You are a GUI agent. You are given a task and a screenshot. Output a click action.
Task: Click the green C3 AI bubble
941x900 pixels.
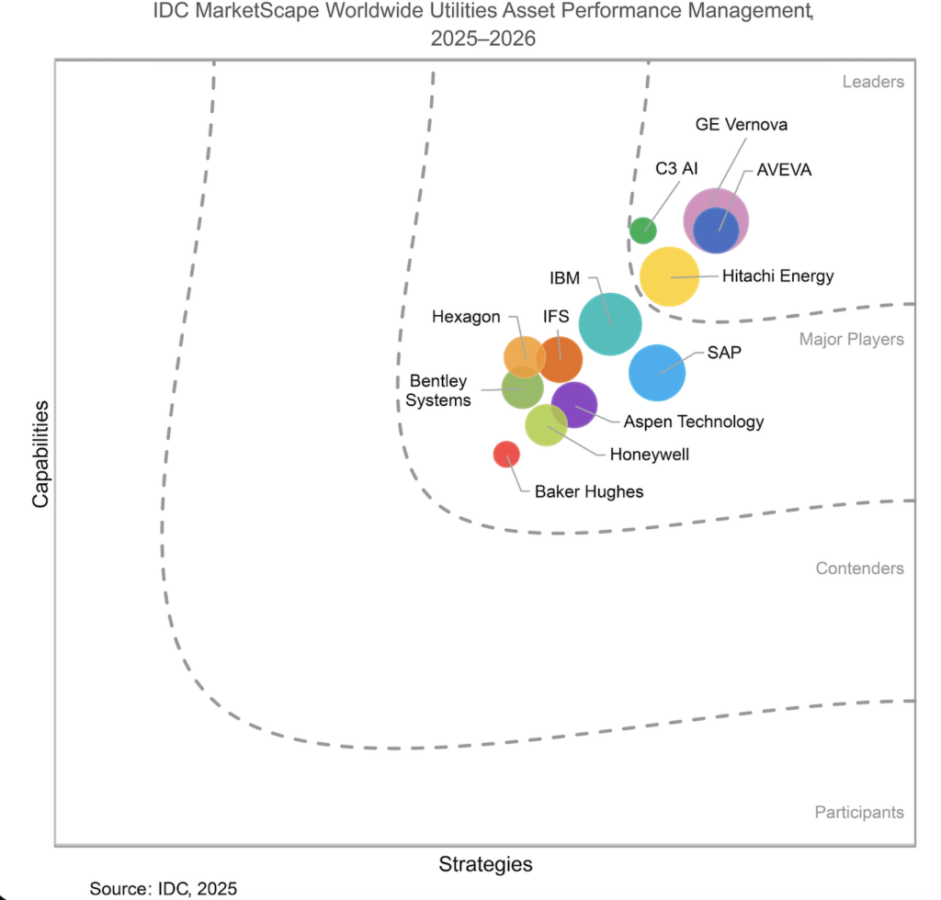pos(642,231)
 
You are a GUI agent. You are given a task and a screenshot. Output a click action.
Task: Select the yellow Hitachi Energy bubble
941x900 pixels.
pos(669,276)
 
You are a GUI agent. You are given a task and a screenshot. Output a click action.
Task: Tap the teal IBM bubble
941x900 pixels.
pos(610,324)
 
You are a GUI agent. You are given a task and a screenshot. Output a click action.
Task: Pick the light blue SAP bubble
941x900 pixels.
pos(657,372)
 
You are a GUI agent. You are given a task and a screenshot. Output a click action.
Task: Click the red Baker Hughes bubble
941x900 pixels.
pos(506,455)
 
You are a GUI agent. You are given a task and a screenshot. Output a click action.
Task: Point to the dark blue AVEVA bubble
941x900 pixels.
pos(716,231)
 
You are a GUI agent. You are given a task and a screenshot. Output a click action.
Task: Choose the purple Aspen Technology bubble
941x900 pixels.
pos(574,405)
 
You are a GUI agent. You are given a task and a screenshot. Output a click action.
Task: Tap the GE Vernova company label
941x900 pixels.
pos(742,125)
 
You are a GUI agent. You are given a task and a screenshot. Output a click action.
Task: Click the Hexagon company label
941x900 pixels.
pos(466,317)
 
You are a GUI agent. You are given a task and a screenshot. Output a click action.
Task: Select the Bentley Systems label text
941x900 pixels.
pos(438,390)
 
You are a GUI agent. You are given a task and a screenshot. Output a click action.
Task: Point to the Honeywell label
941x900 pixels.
pos(650,455)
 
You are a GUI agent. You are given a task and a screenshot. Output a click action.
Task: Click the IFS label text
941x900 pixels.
pos(556,316)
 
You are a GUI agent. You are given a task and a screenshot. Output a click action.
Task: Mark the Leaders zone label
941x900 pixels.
pos(873,82)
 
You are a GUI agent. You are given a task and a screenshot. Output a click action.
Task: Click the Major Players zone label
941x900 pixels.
pos(852,340)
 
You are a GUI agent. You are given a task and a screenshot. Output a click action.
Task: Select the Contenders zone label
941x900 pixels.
pos(859,568)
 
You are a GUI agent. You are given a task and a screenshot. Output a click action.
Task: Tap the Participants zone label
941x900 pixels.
pos(859,813)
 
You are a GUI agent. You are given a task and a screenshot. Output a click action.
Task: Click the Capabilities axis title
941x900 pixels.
pos(40,454)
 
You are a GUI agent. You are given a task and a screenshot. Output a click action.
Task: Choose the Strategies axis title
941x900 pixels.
pos(485,864)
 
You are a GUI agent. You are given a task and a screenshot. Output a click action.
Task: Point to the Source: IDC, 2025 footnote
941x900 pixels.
pos(164,889)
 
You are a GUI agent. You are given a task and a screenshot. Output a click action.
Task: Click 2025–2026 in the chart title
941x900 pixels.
pos(483,39)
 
